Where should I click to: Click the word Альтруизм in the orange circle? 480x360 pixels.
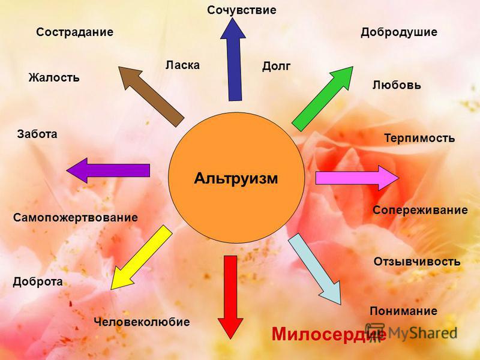[236, 178]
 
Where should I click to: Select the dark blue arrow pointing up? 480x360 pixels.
[233, 59]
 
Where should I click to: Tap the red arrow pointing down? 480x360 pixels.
[230, 297]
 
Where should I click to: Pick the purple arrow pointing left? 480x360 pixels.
[108, 170]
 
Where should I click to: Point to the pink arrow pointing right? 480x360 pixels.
[357, 178]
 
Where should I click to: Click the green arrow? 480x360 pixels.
[322, 98]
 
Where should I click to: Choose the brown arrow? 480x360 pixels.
[151, 97]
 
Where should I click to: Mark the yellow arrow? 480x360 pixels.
[142, 257]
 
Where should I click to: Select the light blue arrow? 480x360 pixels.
[314, 269]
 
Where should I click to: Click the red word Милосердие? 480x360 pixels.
[328, 334]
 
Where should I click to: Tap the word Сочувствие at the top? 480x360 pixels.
[242, 10]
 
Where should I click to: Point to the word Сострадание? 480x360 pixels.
[74, 32]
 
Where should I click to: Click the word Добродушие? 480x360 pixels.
[399, 32]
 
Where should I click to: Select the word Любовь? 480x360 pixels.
[397, 85]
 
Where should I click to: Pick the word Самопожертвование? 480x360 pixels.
[76, 218]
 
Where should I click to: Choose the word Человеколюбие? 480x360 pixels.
[142, 322]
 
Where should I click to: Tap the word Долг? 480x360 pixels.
[276, 66]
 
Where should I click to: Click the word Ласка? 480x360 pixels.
[183, 65]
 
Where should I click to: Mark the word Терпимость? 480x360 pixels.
[419, 138]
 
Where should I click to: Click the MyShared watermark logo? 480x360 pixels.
[411, 332]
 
